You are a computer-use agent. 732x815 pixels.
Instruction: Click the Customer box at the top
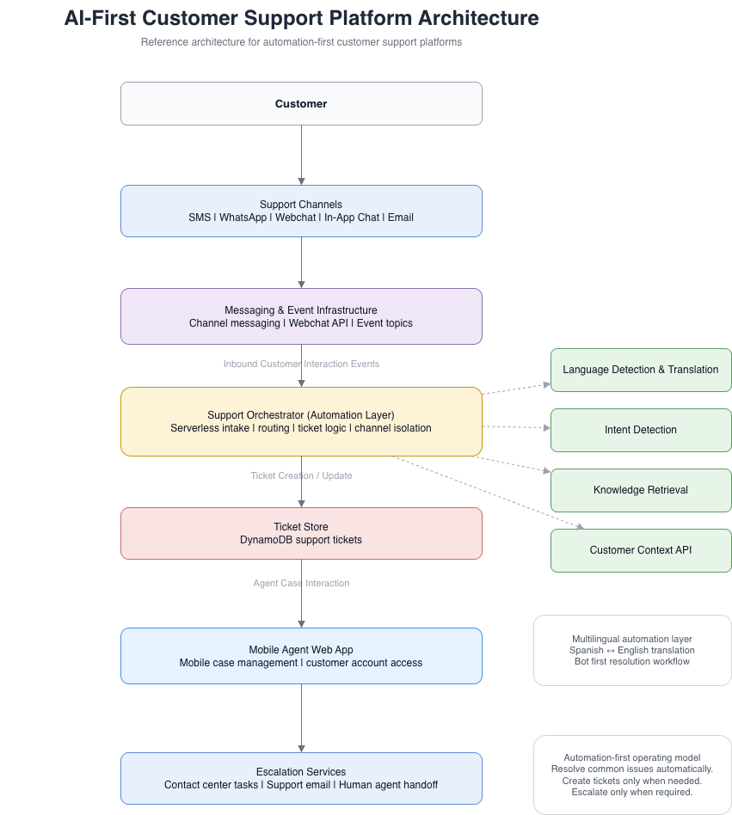[301, 104]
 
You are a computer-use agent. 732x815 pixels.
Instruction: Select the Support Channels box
[301, 211]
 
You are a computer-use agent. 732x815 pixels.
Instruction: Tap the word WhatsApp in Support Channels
[243, 218]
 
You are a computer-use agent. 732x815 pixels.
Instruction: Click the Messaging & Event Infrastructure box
[301, 316]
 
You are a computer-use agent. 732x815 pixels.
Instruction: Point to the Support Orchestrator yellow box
[301, 421]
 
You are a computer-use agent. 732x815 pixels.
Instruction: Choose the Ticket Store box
[301, 533]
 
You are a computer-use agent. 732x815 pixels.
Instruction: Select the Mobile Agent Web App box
[301, 656]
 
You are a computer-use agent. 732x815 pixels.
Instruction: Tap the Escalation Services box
[301, 778]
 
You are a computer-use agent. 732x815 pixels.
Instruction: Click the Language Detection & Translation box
[641, 370]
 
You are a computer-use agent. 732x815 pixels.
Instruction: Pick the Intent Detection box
[641, 430]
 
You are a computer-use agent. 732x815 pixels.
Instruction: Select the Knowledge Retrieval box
[641, 490]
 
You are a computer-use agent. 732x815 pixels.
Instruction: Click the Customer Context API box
[641, 550]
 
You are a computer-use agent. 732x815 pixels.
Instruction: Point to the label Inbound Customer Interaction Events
[301, 365]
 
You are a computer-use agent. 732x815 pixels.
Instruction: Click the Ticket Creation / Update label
[301, 476]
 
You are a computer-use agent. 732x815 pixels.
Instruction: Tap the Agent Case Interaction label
[301, 584]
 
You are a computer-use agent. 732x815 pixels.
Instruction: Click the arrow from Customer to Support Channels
[301, 155]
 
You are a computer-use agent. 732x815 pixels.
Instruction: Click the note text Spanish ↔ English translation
[631, 651]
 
